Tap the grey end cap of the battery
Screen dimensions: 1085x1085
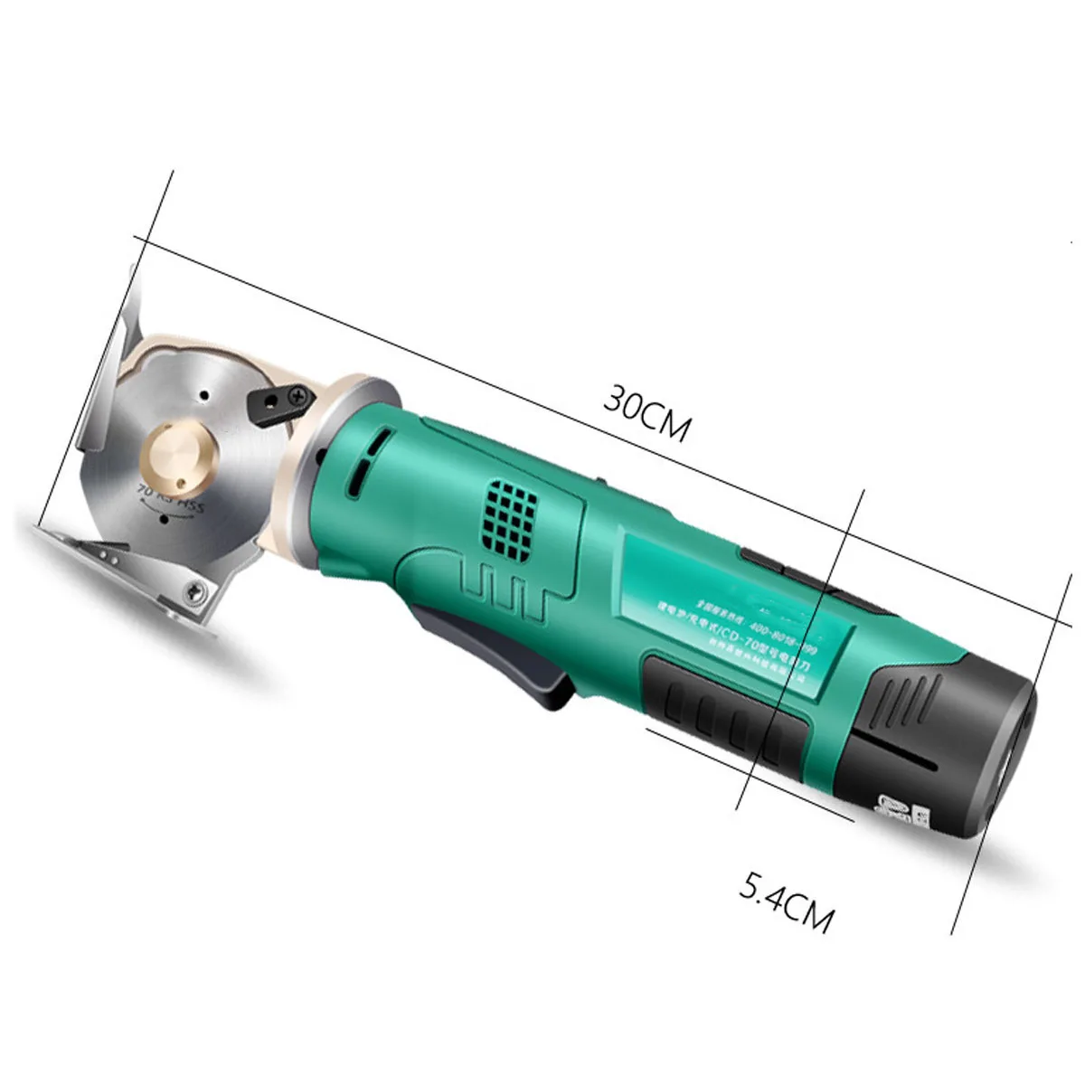coord(1015,750)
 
